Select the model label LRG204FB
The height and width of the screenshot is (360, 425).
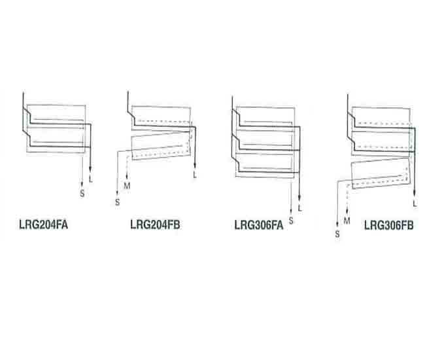point(155,225)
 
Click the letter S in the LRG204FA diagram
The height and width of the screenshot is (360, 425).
point(82,193)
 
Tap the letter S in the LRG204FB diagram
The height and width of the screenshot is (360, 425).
point(117,203)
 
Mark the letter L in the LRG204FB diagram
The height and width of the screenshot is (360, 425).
point(195,175)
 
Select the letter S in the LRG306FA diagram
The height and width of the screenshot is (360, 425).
point(291,221)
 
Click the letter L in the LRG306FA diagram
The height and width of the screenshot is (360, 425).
point(299,207)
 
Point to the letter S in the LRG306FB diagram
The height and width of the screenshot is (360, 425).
point(337,233)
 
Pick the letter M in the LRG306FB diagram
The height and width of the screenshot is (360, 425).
point(347,221)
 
